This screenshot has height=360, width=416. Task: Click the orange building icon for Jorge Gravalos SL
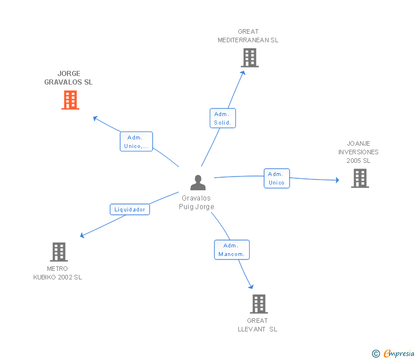pos(70,100)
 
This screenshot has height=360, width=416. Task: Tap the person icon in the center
pos(198,182)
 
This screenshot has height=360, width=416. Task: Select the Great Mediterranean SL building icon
pos(249,58)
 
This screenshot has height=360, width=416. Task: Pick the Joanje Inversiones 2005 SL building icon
pos(359,178)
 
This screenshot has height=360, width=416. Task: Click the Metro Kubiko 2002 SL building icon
pos(58,251)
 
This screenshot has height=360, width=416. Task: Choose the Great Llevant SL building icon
pos(259,304)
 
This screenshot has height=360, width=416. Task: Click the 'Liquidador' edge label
pos(130,209)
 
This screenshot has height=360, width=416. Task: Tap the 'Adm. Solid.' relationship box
pos(222,118)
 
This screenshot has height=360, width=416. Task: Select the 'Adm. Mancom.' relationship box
pos(231,250)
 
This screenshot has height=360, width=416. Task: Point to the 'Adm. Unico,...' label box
pos(136,142)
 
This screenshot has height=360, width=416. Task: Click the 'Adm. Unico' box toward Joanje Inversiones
pos(277,178)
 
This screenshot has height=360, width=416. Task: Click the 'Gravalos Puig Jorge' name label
pos(198,203)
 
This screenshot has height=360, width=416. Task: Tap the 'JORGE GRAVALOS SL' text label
pos(69,78)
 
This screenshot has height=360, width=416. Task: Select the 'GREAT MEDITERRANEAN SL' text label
pos(248,36)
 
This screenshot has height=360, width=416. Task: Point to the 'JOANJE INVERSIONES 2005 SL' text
pos(358,152)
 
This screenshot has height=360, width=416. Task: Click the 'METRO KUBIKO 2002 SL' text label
pos(58,273)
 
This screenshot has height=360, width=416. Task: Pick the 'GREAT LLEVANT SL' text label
pos(258,325)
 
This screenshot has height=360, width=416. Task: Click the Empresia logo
pos(399,354)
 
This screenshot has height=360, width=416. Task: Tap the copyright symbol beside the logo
pos(376,354)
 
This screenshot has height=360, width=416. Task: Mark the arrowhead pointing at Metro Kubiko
pos(82,235)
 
